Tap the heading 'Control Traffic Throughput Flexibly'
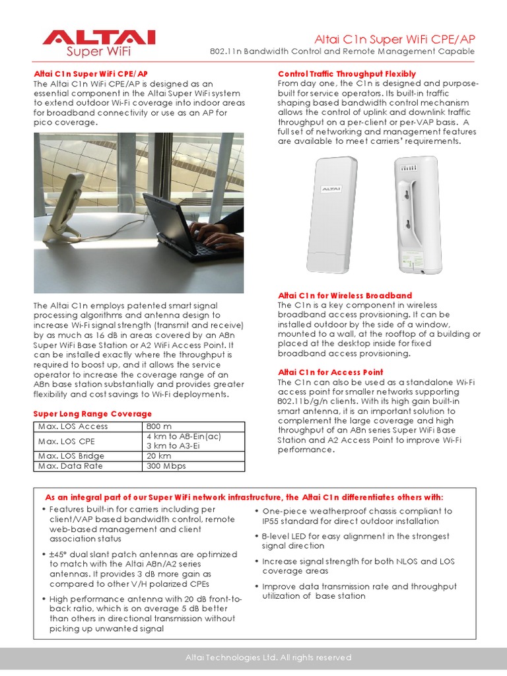click(x=347, y=74)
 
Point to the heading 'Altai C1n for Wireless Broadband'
click(x=345, y=296)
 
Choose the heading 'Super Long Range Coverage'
click(x=92, y=414)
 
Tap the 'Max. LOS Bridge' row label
click(x=71, y=456)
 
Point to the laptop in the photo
click(x=178, y=224)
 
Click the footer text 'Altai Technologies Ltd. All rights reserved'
click(x=267, y=658)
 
